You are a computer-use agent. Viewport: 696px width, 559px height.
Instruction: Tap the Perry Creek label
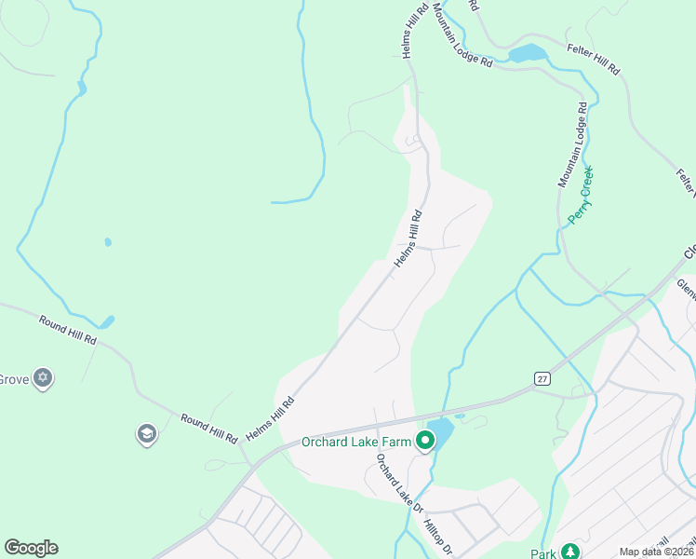pyautogui.click(x=582, y=196)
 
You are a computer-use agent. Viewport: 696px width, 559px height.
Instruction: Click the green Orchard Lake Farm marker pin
pyautogui.click(x=426, y=440)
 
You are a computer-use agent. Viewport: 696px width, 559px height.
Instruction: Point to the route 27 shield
pyautogui.click(x=542, y=377)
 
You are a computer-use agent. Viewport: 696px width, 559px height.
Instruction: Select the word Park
pyautogui.click(x=543, y=553)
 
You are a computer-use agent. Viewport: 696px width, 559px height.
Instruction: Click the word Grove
pyautogui.click(x=12, y=379)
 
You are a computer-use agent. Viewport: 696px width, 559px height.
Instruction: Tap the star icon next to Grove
pyautogui.click(x=42, y=378)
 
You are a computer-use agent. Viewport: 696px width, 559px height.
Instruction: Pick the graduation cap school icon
pyautogui.click(x=146, y=433)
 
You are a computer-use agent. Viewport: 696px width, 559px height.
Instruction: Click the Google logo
pyautogui.click(x=31, y=548)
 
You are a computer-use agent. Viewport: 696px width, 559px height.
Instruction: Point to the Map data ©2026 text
pyautogui.click(x=656, y=552)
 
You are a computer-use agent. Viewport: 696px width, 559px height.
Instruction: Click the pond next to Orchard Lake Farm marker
pyautogui.click(x=441, y=431)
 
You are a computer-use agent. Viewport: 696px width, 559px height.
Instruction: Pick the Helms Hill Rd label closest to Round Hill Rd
pyautogui.click(x=270, y=418)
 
